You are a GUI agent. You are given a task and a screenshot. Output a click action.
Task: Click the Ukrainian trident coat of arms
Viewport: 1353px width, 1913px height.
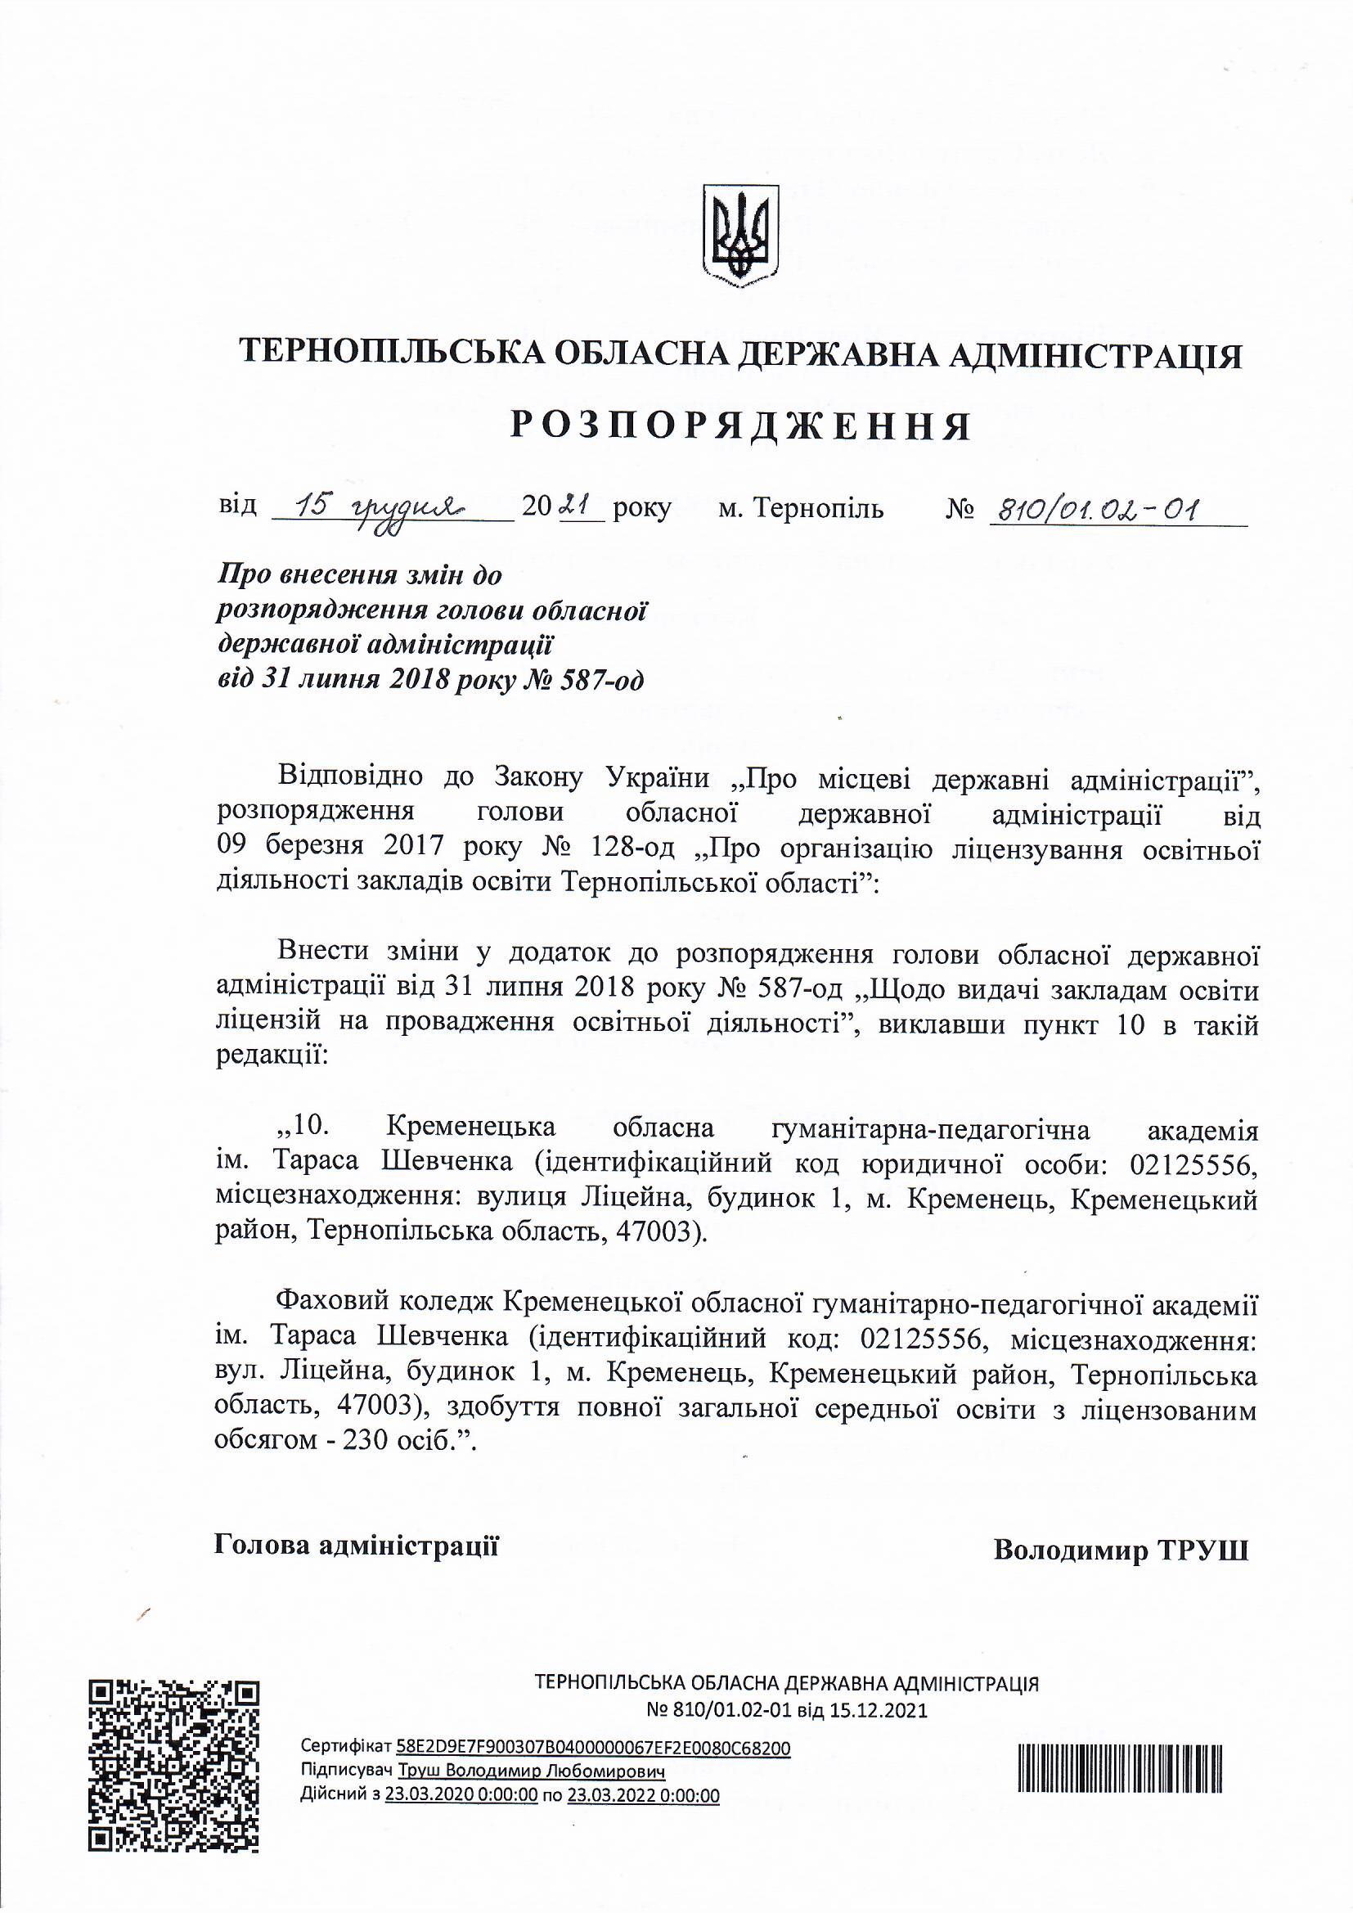click(740, 236)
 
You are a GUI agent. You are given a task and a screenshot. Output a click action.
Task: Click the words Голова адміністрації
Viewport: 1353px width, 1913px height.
click(357, 1546)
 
